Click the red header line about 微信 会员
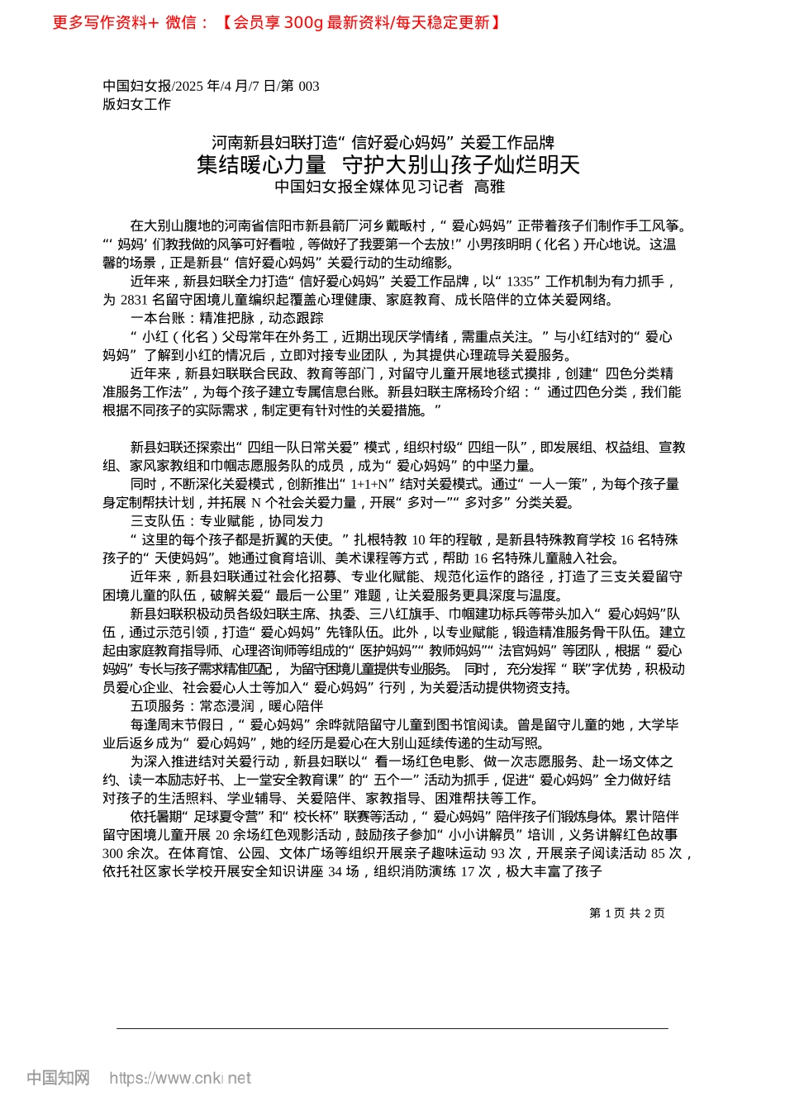point(277,22)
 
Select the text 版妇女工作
point(136,104)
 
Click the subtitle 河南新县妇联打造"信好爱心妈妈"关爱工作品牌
point(383,142)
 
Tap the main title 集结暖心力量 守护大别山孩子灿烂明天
point(388,164)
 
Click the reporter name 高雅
point(489,187)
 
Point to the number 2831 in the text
point(134,299)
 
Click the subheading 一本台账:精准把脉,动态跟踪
point(226,318)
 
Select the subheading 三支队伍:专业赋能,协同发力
point(226,521)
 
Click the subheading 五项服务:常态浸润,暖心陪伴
point(226,706)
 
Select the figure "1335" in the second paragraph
point(520,281)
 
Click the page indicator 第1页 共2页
point(626,913)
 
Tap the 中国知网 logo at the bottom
point(58,1078)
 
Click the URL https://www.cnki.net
point(180,1078)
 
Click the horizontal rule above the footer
point(392,1028)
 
